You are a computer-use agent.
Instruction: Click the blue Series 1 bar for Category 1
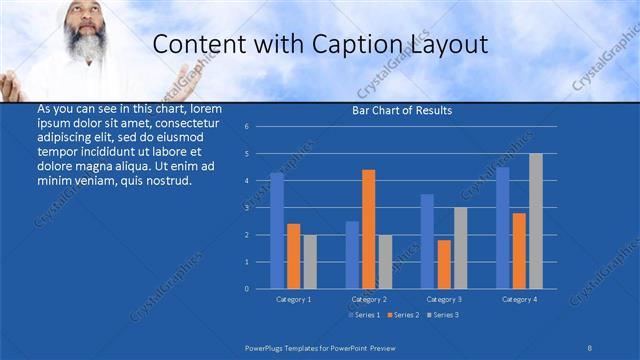tap(277, 231)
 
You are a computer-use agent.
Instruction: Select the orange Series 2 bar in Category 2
tap(368, 229)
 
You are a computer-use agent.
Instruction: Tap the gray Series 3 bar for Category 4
tap(536, 221)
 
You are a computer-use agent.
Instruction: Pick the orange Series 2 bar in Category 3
tap(444, 264)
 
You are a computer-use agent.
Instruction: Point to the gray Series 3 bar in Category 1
tap(310, 261)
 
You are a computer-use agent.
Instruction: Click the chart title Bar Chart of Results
tap(403, 110)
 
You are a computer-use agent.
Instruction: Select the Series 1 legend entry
tap(364, 315)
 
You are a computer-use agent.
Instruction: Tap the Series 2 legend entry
tap(403, 315)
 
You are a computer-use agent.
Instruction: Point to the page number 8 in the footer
tap(590, 346)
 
